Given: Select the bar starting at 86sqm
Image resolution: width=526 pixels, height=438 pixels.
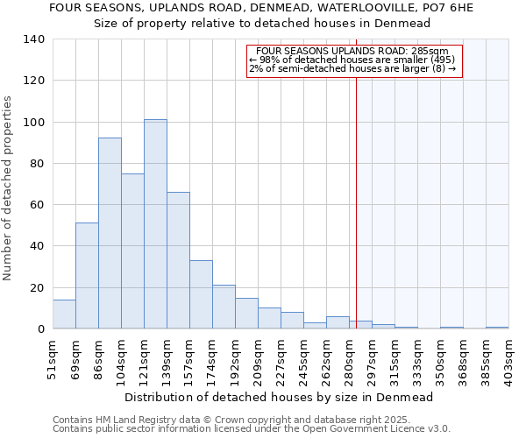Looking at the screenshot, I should [110, 233].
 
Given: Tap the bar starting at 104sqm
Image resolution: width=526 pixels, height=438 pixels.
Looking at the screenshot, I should [132, 251].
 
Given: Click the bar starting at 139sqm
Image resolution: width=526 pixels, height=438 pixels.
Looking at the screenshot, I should [178, 260].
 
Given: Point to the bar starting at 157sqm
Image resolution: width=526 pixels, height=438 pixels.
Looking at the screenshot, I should [201, 294].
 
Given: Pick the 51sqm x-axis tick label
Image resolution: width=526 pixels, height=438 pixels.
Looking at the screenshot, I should [53, 357].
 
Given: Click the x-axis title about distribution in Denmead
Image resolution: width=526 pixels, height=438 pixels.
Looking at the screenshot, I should [279, 397].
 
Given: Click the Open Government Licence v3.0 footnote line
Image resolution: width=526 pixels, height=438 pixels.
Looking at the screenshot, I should [252, 429].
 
